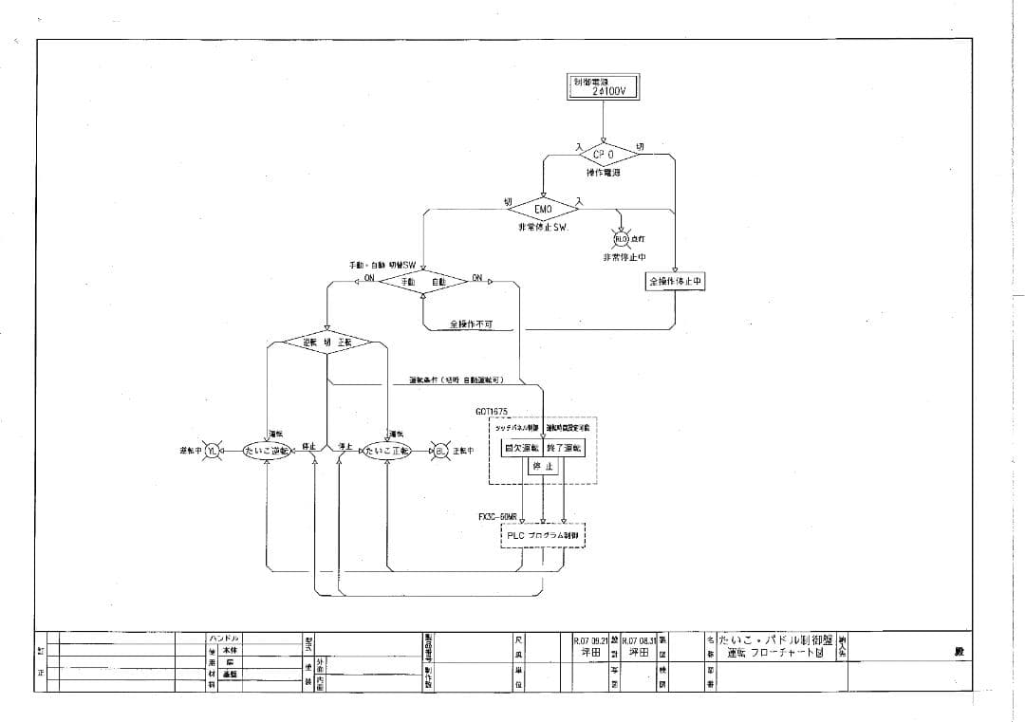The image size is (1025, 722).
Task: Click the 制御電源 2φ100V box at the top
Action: click(604, 86)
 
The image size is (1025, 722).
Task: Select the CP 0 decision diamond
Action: click(604, 153)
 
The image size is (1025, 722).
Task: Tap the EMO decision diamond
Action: click(543, 209)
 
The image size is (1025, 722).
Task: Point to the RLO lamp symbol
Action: click(623, 239)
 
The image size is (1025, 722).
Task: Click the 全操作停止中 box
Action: click(676, 282)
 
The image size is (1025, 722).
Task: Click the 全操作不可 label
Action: click(472, 324)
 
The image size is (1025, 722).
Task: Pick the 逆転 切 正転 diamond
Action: click(326, 342)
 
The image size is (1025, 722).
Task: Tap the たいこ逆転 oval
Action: click(267, 452)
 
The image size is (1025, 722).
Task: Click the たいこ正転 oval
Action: click(387, 452)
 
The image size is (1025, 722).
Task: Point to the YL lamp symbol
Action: click(213, 452)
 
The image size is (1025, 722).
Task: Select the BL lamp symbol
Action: click(440, 452)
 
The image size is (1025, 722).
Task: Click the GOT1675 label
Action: click(492, 412)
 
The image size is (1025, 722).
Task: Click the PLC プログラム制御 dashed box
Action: click(543, 536)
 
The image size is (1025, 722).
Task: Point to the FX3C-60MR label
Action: click(497, 517)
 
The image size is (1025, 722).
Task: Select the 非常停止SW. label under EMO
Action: click(542, 228)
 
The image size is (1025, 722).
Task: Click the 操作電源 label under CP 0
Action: click(603, 174)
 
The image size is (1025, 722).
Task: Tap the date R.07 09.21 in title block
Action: click(590, 641)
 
